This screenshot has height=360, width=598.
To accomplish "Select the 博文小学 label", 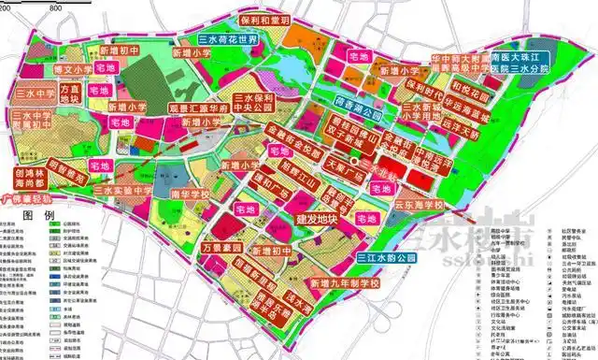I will tap(44, 68).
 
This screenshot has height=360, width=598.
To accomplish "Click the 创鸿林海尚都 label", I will tap(32, 179).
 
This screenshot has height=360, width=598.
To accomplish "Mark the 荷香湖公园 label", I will tap(358, 109).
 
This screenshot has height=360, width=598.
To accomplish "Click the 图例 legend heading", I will tap(37, 215).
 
